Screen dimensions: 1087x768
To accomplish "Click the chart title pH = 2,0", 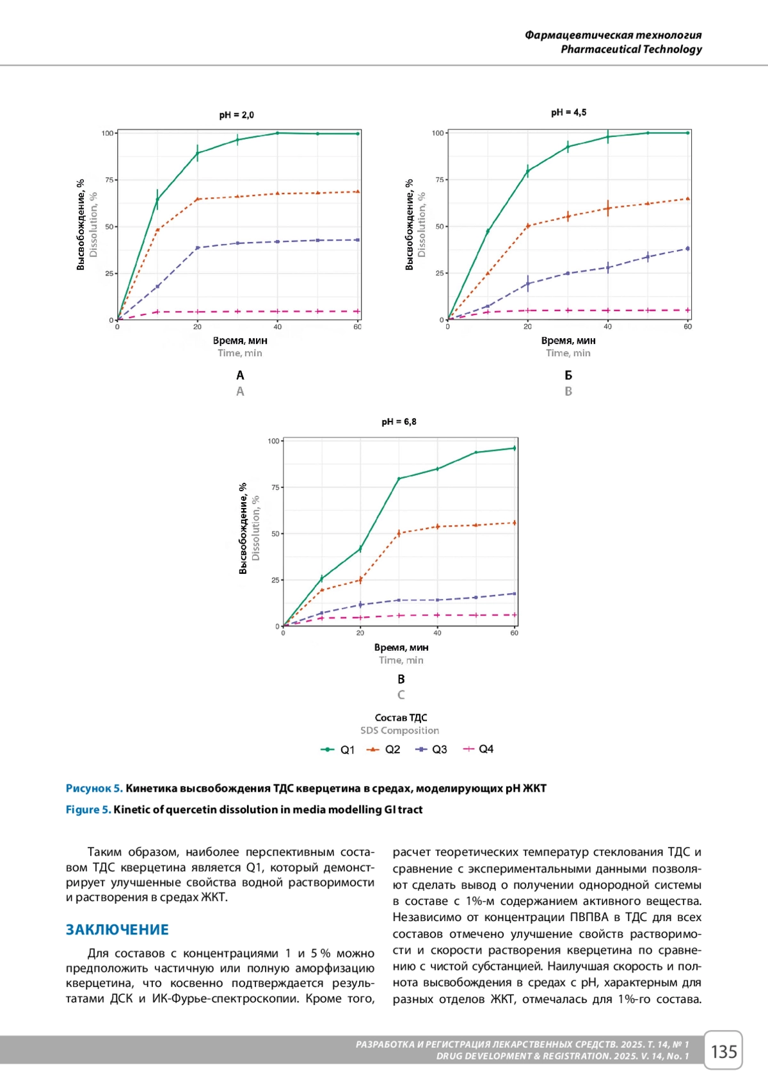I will (x=236, y=115).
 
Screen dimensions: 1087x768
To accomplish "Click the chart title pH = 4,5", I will (x=568, y=113).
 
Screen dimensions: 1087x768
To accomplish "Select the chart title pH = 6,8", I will (x=399, y=422).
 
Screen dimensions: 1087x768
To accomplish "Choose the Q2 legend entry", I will (x=383, y=749).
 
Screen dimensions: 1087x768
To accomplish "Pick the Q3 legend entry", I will (x=431, y=749).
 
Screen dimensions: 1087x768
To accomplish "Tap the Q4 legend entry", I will (x=478, y=749).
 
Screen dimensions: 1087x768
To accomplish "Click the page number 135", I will (x=723, y=1051).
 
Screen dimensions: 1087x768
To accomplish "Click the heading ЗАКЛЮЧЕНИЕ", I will (x=117, y=929).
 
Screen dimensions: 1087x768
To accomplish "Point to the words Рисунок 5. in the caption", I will (x=94, y=789).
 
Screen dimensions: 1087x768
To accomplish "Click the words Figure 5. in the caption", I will (x=88, y=810).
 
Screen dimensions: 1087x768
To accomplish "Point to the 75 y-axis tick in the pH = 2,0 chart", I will (x=109, y=180).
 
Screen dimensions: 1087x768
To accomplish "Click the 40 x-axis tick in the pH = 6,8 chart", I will (x=437, y=633).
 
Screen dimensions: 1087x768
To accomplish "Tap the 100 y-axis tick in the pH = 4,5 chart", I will (x=438, y=133).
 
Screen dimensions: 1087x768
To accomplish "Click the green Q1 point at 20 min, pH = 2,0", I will (x=197, y=152).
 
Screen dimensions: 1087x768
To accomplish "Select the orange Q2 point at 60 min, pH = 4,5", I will (x=687, y=199).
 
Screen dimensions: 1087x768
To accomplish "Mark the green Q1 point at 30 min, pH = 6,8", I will (x=399, y=478).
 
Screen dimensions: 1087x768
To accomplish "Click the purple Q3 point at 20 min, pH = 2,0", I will (x=197, y=248).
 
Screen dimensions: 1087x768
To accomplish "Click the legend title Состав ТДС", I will (x=401, y=718).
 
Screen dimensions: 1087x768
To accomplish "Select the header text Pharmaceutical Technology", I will (x=631, y=49).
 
